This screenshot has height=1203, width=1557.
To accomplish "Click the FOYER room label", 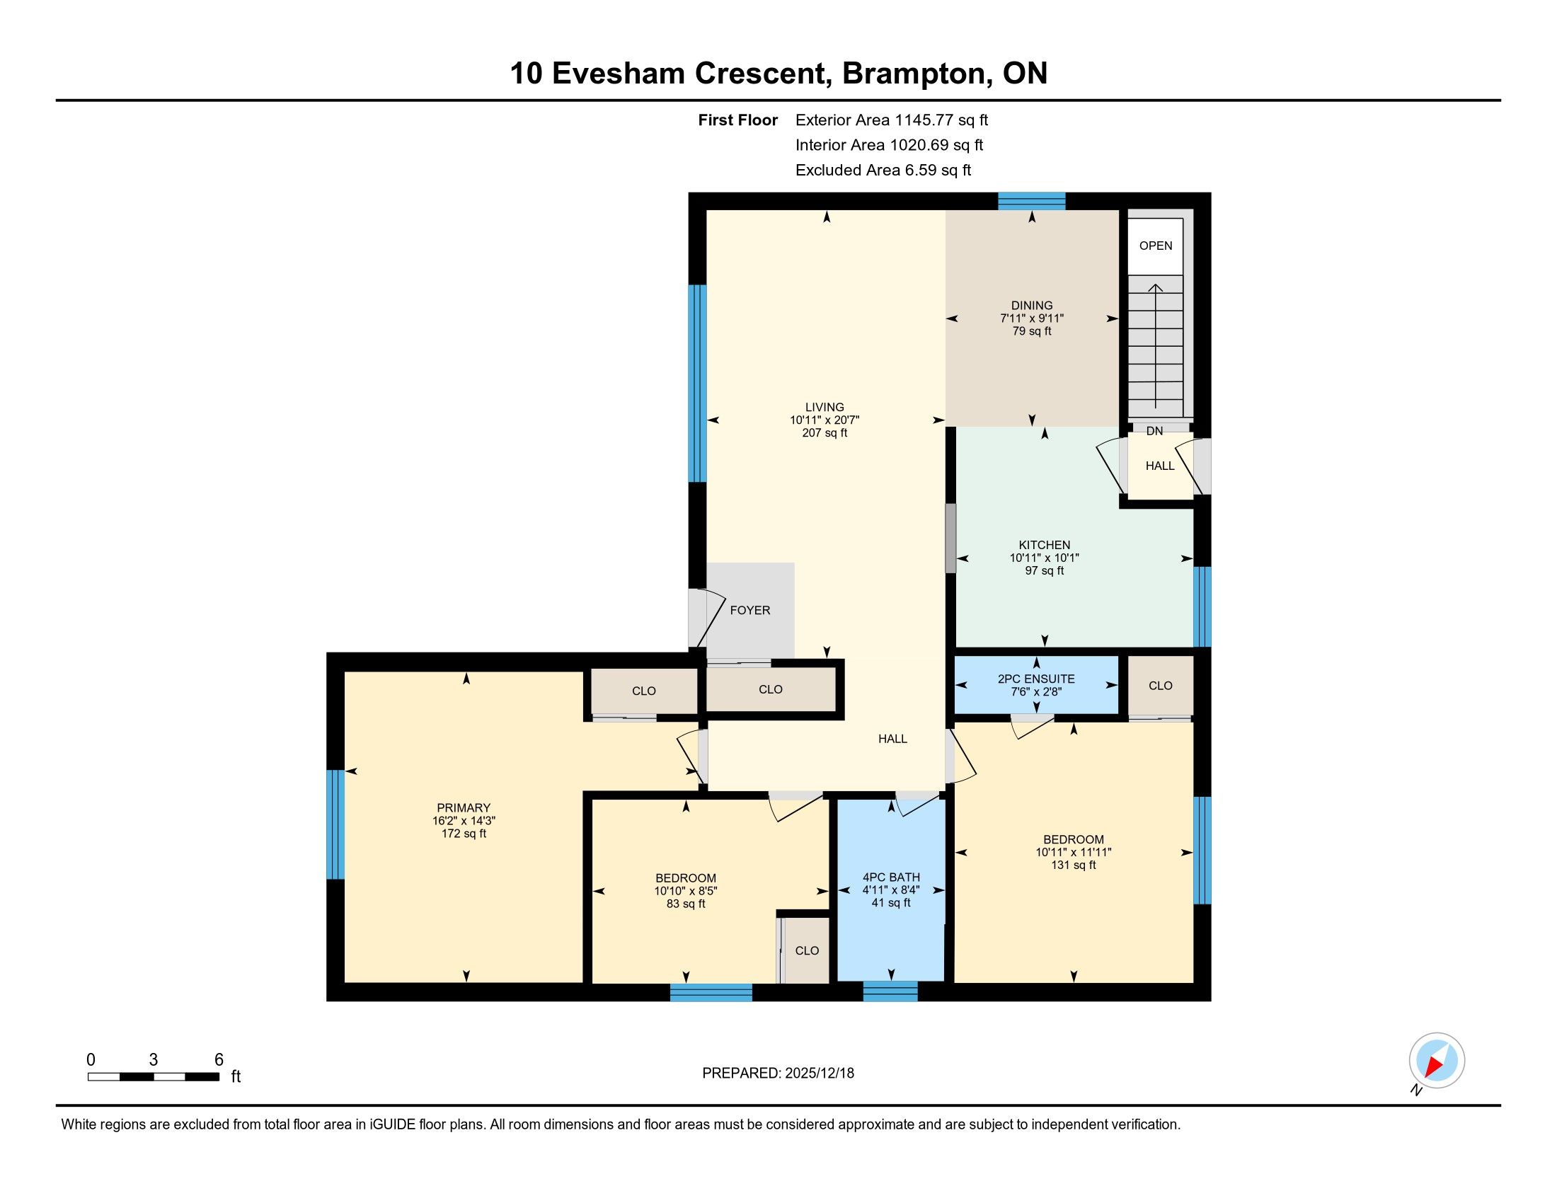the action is tap(750, 610).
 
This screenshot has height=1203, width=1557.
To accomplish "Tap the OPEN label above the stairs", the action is tap(1156, 246).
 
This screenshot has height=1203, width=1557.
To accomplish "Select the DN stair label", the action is tap(1155, 431).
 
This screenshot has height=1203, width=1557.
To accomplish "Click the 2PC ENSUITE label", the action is tap(1036, 679).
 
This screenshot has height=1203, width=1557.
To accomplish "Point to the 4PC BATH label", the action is tap(891, 877).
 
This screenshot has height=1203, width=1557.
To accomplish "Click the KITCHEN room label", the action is tap(1045, 545).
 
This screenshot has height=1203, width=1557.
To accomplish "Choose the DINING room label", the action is tap(1032, 306).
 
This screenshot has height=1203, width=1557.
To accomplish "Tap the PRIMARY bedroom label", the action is tap(464, 807).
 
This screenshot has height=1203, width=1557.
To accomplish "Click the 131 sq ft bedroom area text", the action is tap(1074, 865).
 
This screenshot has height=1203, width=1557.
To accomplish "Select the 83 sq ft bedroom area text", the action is tap(686, 904).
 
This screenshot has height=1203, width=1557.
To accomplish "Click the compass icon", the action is tap(1437, 1060).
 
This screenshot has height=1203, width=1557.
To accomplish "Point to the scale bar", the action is tap(154, 1076).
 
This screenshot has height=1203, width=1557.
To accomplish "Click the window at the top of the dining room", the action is tap(1032, 201).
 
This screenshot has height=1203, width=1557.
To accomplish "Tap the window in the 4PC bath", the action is tap(890, 991).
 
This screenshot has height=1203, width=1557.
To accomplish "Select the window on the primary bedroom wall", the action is tap(335, 824).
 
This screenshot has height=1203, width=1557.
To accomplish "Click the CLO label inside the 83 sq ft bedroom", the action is tap(807, 950).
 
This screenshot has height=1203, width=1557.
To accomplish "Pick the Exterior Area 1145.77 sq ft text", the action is tap(892, 120).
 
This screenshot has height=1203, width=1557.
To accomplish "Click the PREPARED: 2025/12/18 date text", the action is tap(778, 1074).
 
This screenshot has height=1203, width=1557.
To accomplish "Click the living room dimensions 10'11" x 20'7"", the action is tap(825, 420).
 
